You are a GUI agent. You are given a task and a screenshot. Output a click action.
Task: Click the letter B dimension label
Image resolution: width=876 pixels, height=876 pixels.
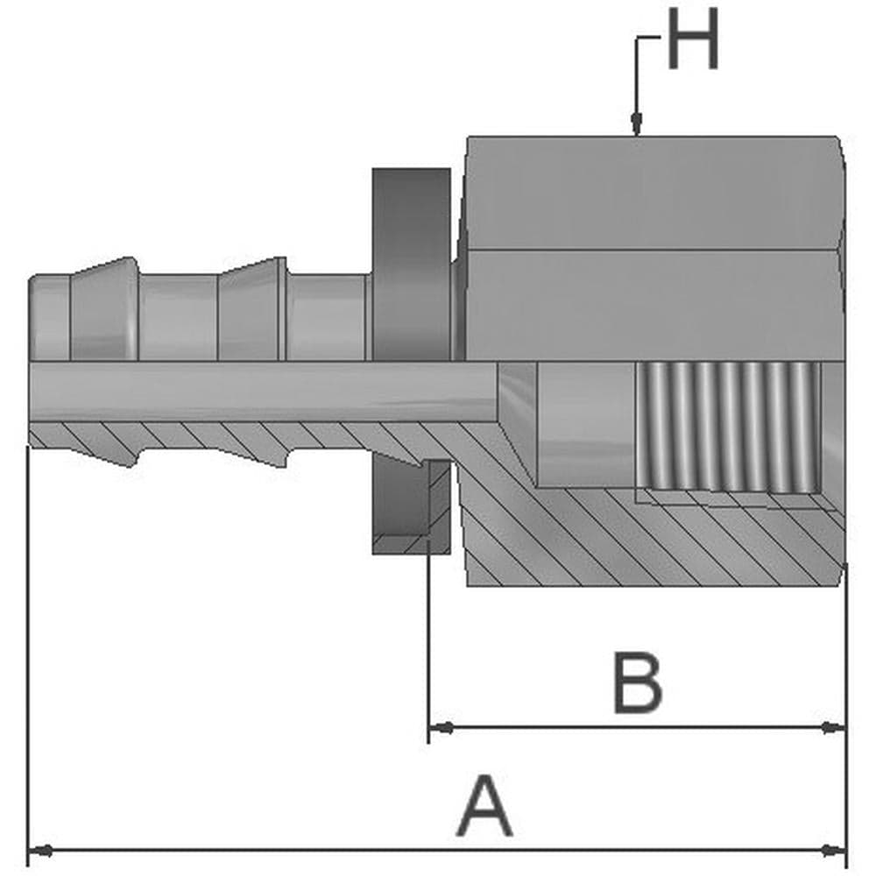tap(638, 682)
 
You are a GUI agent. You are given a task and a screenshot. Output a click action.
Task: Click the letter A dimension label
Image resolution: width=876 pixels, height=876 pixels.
tap(484, 805)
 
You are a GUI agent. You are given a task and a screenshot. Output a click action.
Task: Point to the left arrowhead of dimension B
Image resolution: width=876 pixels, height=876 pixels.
tap(442, 727)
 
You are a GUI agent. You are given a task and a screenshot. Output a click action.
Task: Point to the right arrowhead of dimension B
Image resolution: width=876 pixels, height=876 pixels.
tap(834, 727)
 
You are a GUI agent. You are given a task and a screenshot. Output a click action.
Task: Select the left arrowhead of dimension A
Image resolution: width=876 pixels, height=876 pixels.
tap(41, 851)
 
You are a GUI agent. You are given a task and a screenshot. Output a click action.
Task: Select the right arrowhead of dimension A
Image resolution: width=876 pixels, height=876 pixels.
tap(834, 851)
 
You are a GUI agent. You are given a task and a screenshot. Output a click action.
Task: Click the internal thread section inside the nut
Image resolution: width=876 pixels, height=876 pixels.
tap(729, 427)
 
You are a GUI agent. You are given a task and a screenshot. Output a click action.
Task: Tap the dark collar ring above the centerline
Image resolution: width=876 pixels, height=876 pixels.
tap(411, 264)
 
